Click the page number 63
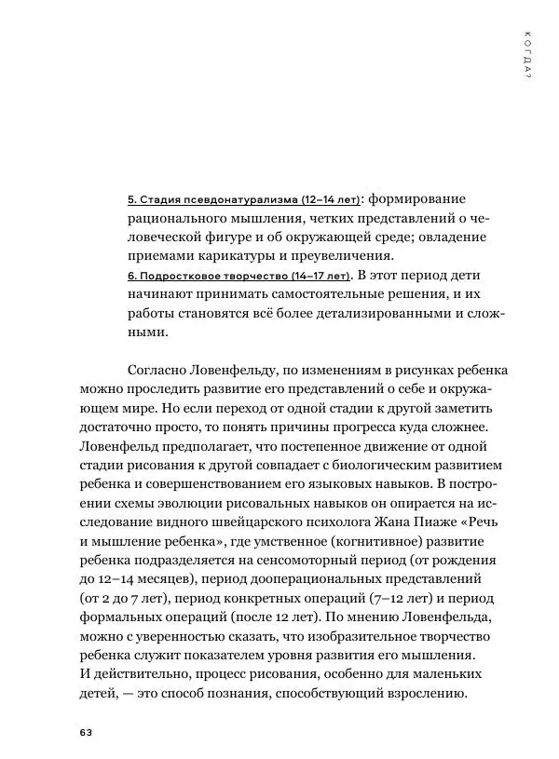click(x=85, y=731)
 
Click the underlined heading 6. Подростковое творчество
click(x=238, y=276)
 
